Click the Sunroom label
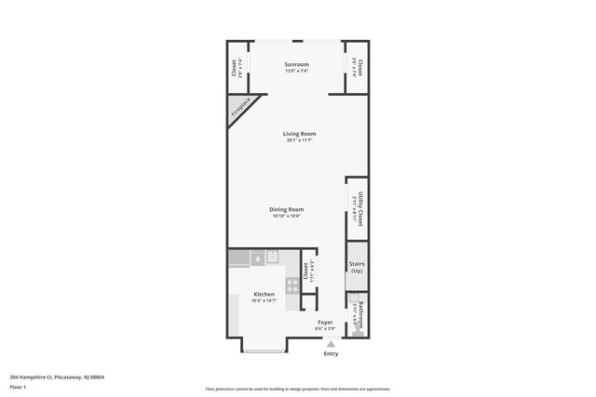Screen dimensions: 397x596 pos(296,64)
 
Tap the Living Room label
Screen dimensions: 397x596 pos(299,133)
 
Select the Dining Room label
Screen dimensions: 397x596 pos(288,209)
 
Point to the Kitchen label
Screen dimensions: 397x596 pos(264,294)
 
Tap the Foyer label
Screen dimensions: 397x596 pos(325,322)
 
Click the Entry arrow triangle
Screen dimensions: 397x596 pos(330,343)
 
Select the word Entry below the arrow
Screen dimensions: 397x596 pos(331,354)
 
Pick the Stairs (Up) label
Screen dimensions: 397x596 pos(357,267)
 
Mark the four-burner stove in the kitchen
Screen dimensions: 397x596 pos(291,285)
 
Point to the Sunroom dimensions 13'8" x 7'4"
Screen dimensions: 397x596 pos(296,71)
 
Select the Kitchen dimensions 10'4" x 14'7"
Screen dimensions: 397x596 pos(264,300)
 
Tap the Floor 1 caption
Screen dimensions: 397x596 pos(19,386)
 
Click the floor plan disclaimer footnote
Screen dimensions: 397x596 pos(298,390)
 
